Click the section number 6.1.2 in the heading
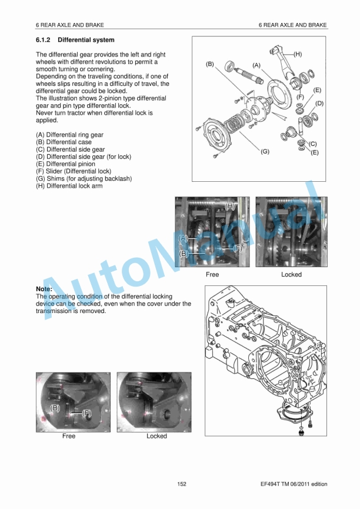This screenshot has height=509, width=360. click(x=44, y=40)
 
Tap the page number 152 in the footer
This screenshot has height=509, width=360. click(x=182, y=484)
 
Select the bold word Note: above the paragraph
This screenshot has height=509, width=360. click(x=44, y=289)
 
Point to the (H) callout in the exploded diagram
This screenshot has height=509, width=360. click(x=298, y=54)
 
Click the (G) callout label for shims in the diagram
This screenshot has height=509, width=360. click(x=265, y=151)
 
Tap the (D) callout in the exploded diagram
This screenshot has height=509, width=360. click(x=319, y=103)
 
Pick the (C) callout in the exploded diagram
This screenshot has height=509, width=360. click(x=313, y=143)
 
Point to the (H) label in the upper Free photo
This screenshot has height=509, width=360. click(x=230, y=207)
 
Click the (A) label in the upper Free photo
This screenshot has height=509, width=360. click(x=184, y=238)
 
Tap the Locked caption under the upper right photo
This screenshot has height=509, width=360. click(x=291, y=274)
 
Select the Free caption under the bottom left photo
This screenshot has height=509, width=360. click(x=69, y=436)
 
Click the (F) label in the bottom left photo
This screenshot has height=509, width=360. click(x=86, y=414)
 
